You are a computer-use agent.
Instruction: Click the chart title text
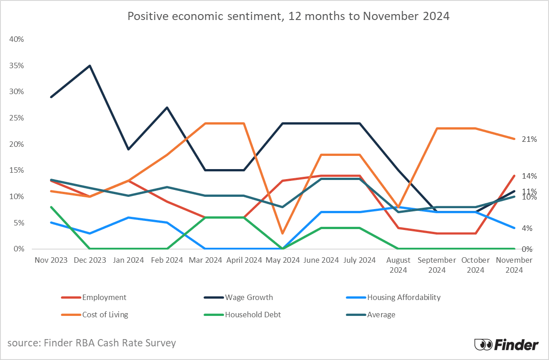pos(288,17)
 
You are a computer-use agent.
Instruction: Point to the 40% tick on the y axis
pos(16,40)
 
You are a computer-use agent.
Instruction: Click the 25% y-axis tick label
pos(16,118)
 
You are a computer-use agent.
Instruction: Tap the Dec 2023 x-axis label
pos(90,260)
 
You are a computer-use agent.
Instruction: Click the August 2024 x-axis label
pos(398,265)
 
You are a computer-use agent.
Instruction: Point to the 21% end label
pos(529,140)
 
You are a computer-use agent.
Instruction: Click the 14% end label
pos(529,176)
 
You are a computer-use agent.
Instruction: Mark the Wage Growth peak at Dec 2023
pos(90,65)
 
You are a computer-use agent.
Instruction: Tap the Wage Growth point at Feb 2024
pos(167,108)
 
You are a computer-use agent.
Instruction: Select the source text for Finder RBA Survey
pos(91,343)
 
